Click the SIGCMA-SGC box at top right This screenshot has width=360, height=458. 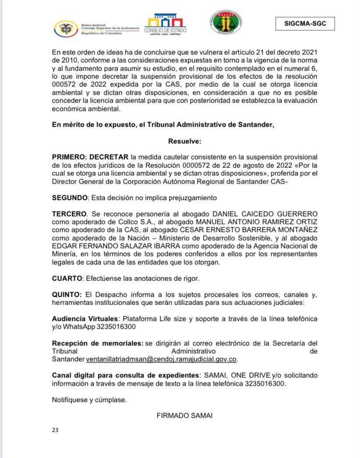pos(305,24)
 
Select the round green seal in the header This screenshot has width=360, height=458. pos(226,23)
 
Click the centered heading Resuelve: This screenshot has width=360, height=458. pos(184,141)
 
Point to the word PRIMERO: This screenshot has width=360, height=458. pos(70,157)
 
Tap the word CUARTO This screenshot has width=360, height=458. pos(67,278)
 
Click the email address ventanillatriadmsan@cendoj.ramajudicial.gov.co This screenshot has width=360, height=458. pos(161,359)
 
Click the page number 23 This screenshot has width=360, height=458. pos(55,430)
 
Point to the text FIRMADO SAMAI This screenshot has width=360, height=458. pos(184,415)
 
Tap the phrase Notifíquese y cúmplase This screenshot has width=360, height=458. pos(89,400)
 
